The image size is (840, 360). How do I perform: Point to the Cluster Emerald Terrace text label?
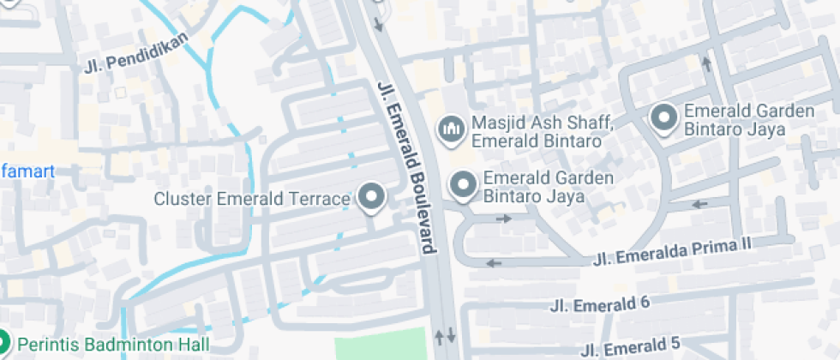click(x=252, y=199)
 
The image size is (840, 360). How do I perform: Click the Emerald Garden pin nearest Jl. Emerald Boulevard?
click(x=464, y=185)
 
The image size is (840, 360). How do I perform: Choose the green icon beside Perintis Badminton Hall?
click(x=3, y=344)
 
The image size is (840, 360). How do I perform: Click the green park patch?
click(x=380, y=345)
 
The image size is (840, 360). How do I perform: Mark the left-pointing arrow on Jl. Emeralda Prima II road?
click(x=495, y=262)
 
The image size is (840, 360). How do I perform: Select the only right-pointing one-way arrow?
click(x=505, y=219)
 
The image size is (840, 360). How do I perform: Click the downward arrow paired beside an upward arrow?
click(x=452, y=335)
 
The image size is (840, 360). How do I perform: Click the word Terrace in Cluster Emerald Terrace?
click(x=322, y=199)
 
